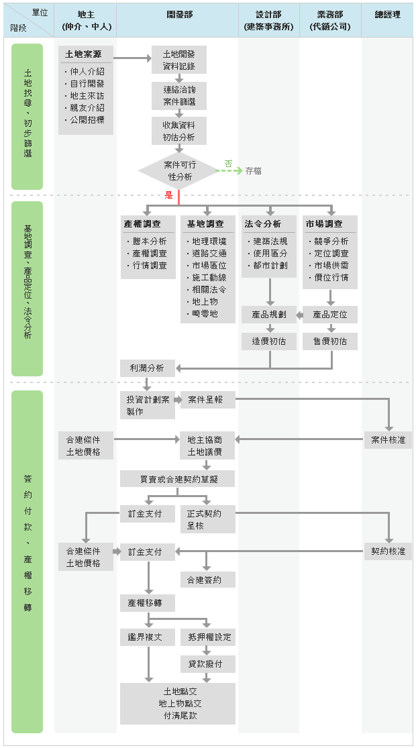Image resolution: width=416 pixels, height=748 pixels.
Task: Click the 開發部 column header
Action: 178,15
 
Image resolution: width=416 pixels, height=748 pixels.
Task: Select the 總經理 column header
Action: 388,15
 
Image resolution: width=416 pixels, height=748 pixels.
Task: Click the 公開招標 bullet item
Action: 87,119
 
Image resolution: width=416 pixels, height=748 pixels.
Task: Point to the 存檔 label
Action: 254,171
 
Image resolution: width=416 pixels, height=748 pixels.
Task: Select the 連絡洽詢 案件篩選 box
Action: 178,95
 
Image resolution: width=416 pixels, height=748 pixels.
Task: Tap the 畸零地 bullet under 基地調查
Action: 205,313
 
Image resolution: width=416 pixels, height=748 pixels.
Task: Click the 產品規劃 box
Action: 269,314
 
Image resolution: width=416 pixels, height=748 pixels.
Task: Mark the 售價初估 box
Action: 330,341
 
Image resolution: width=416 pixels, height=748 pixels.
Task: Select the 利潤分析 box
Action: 147,368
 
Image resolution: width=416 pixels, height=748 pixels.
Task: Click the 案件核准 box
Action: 388,440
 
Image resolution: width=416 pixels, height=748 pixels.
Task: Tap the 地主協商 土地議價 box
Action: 207,445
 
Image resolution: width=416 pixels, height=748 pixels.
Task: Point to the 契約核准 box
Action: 388,551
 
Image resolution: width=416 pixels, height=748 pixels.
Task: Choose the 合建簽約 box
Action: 207,580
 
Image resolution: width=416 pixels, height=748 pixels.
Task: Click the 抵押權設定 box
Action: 207,637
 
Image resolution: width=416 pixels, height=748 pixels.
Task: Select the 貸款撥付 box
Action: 207,664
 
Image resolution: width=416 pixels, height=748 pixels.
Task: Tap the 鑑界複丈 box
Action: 147,637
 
